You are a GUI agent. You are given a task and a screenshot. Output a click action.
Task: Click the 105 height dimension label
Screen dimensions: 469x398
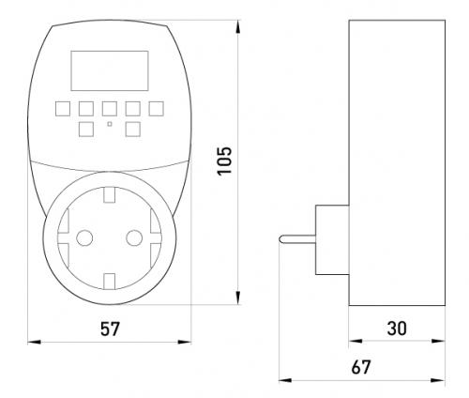tap(225, 161)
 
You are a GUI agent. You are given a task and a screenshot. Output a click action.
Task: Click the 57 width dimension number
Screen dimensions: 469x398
tap(110, 329)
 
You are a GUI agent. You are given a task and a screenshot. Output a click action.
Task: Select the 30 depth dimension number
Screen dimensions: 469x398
tap(397, 329)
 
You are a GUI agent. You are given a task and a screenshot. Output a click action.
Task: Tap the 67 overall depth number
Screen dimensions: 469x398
tap(361, 367)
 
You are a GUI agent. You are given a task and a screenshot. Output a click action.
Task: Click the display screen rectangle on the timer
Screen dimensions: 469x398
tap(110, 70)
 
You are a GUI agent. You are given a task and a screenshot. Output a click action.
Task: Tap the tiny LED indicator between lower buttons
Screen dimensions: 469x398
tap(110, 124)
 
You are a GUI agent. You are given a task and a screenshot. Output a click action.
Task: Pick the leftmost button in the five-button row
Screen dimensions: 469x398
tap(63, 109)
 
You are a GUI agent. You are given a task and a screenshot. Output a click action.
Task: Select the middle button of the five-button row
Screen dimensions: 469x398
tap(110, 109)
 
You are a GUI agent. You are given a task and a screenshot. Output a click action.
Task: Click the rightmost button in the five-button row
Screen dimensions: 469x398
tap(156, 109)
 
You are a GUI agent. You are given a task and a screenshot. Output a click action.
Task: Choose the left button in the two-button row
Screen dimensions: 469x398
tap(86, 130)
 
